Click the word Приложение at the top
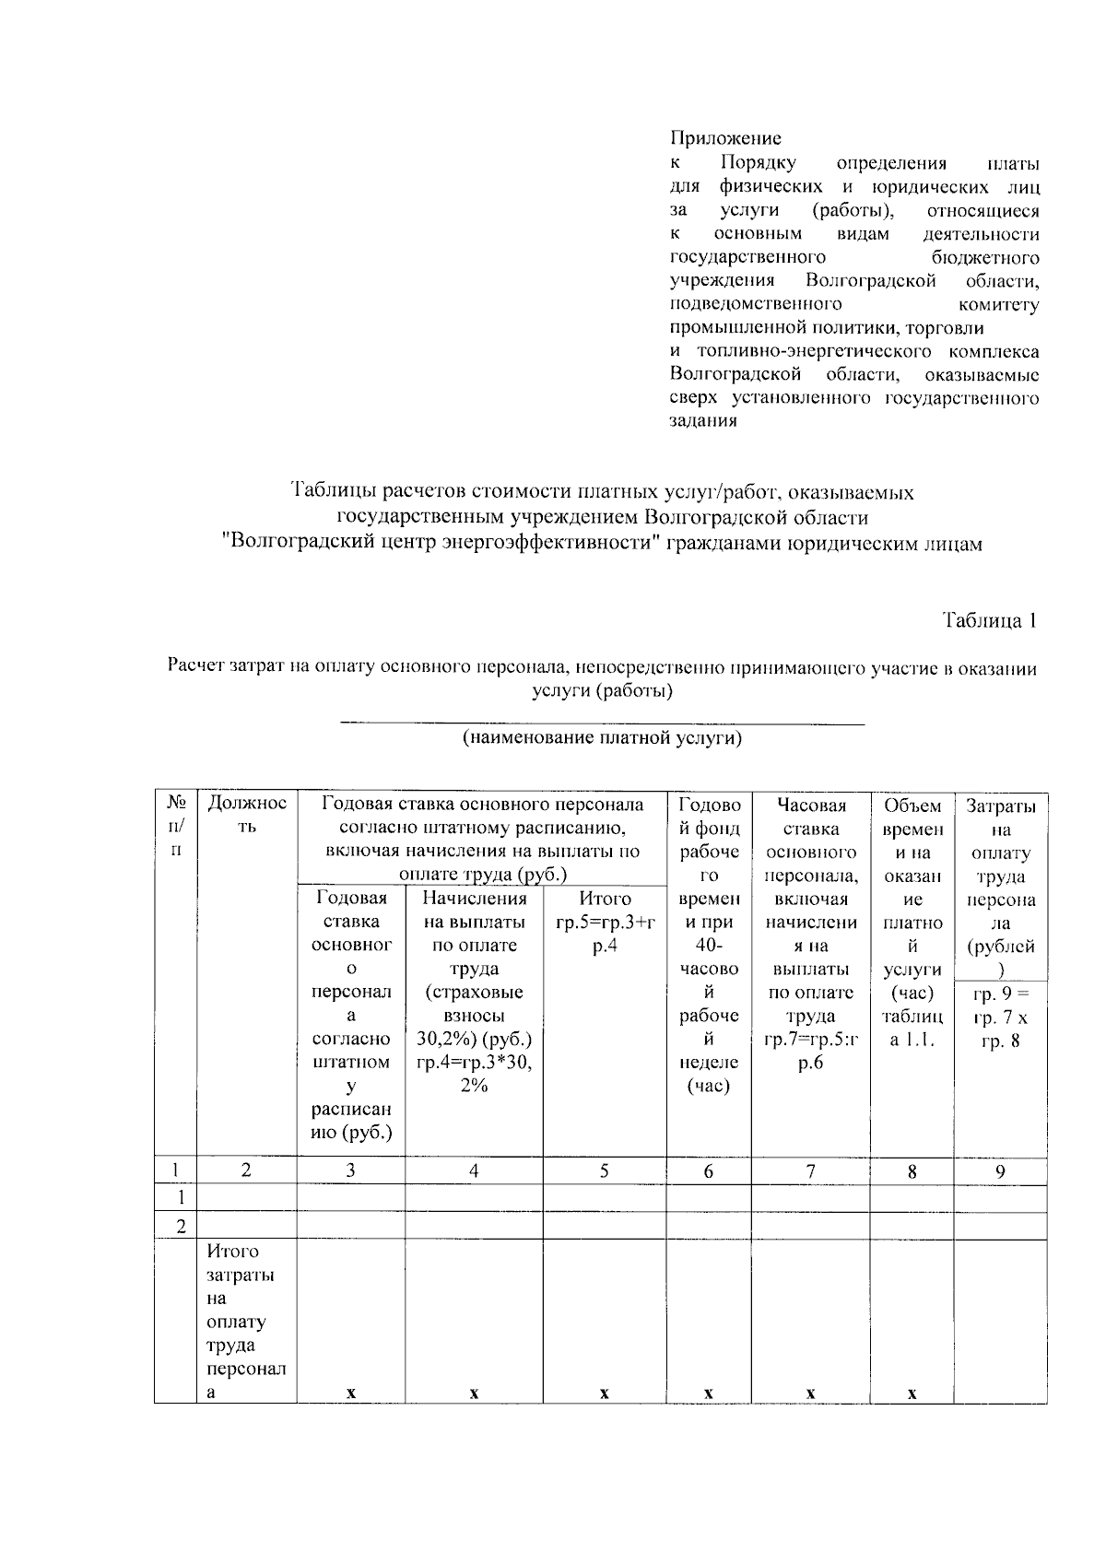(x=724, y=139)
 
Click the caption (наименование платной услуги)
(x=602, y=738)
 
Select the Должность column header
(x=246, y=815)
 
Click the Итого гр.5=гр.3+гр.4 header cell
(x=605, y=922)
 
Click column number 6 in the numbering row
(x=708, y=1171)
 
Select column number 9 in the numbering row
(x=1000, y=1171)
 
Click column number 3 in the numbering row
(x=350, y=1171)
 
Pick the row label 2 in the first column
(x=181, y=1227)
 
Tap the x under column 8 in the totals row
(x=911, y=1394)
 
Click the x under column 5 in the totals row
(x=604, y=1394)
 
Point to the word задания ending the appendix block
(x=703, y=421)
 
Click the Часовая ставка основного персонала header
(x=811, y=933)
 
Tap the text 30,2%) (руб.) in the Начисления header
(x=474, y=1039)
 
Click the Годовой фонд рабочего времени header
(x=708, y=945)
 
